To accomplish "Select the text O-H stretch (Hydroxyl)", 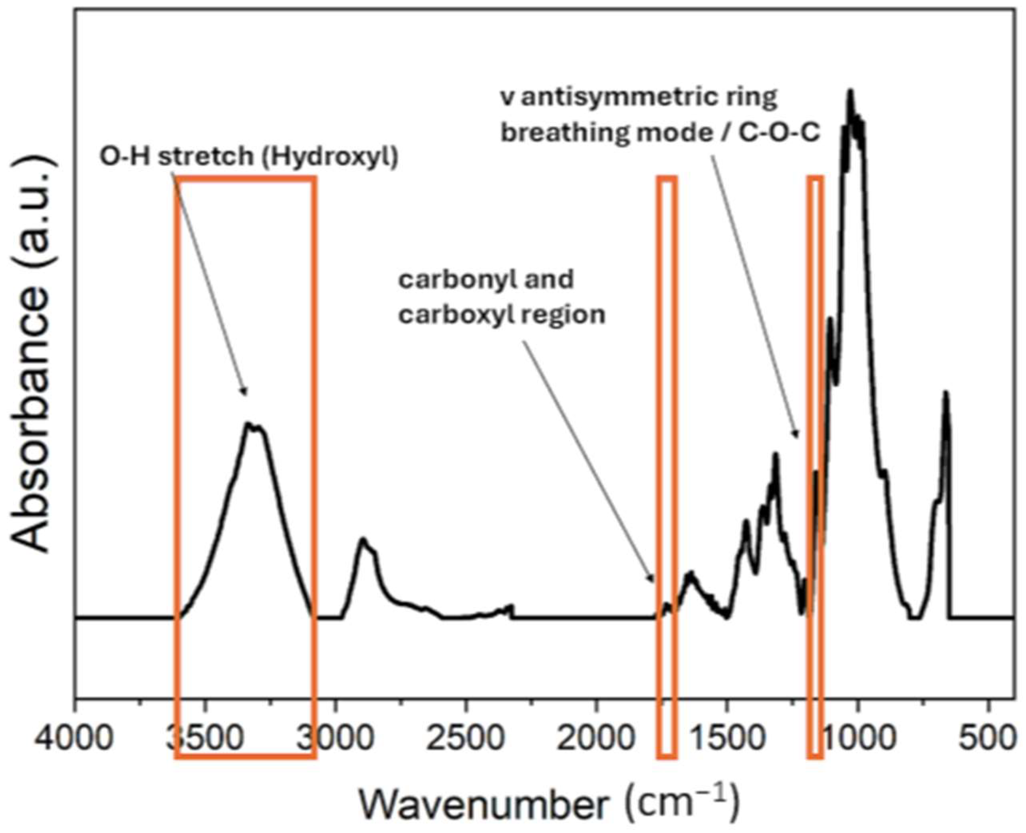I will pyautogui.click(x=248, y=157).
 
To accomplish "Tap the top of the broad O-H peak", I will pyautogui.click(x=249, y=423).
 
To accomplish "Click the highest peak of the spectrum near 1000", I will pyautogui.click(x=850, y=91).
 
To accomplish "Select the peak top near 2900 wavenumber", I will pyautogui.click(x=363, y=538).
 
